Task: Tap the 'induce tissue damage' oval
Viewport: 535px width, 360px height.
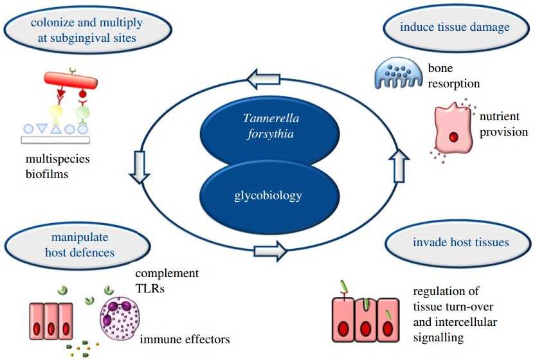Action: tap(455, 28)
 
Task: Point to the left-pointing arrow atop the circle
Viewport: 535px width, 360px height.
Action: tap(263, 80)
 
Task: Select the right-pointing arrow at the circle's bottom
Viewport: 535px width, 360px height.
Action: tap(270, 251)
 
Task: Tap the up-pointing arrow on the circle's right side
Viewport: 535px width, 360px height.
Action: tap(398, 165)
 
